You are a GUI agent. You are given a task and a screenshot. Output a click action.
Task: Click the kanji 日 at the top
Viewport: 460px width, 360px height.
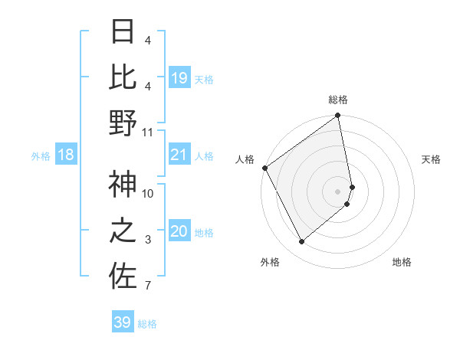click(x=123, y=31)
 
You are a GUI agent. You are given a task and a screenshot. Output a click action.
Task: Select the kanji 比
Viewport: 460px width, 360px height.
click(x=123, y=77)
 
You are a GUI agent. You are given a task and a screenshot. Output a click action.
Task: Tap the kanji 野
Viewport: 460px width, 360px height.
click(x=123, y=123)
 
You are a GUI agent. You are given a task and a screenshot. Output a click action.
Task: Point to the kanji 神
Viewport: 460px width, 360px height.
click(x=123, y=184)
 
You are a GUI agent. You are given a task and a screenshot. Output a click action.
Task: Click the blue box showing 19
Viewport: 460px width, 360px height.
click(x=179, y=78)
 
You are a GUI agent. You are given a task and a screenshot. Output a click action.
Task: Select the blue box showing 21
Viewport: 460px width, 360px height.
click(x=179, y=155)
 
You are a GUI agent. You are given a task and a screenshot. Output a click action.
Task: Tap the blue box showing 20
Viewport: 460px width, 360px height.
click(x=179, y=232)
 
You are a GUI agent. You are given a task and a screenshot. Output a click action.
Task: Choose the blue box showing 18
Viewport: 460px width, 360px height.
click(x=65, y=155)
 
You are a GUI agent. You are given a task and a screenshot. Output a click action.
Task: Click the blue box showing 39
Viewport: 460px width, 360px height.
click(x=122, y=322)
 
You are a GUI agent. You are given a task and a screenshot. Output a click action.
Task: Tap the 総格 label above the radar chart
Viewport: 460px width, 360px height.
click(x=338, y=100)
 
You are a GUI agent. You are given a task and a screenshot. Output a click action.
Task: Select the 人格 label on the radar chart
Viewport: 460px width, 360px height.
click(x=245, y=159)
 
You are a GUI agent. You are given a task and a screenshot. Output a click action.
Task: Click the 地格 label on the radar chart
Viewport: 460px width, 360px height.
click(x=402, y=262)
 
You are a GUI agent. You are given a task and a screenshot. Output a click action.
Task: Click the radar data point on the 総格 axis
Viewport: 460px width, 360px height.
click(x=338, y=117)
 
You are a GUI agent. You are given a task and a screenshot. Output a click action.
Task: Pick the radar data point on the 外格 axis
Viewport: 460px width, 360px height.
click(x=301, y=241)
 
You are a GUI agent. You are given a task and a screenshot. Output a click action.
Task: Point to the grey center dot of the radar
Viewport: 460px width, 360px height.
click(x=338, y=191)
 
